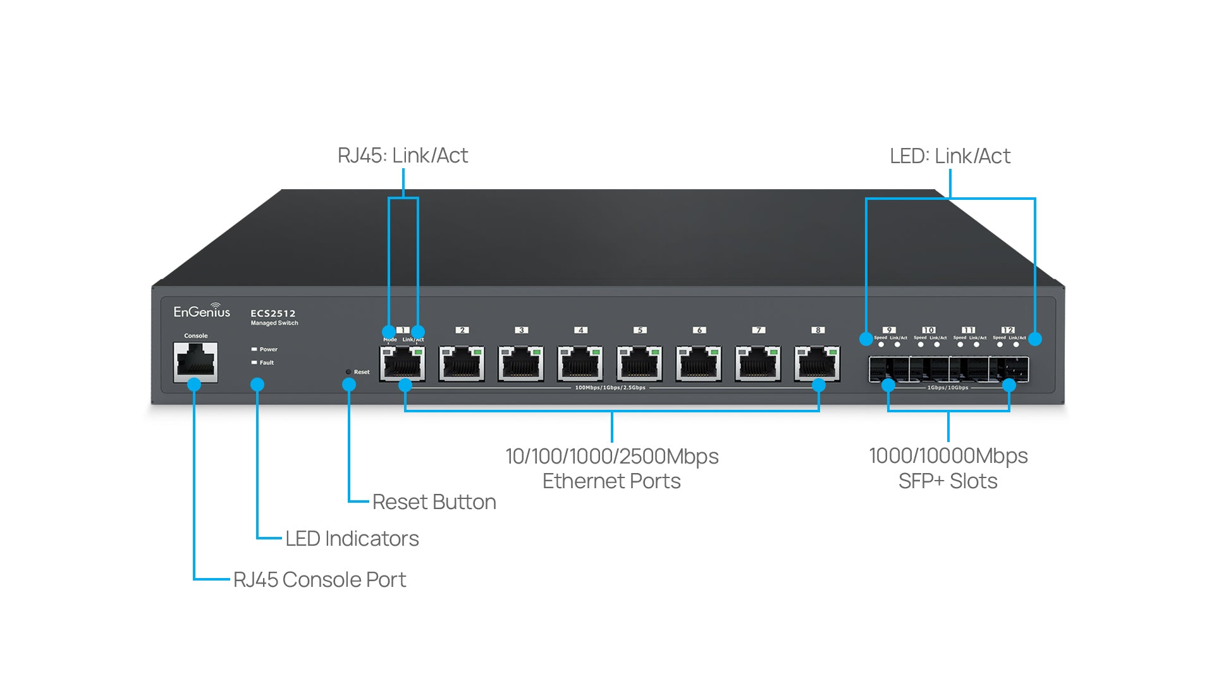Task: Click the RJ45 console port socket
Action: click(x=195, y=362)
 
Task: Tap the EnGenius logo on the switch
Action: click(x=202, y=311)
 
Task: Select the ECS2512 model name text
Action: click(x=273, y=313)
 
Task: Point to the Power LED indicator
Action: click(x=254, y=349)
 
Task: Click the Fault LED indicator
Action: click(x=254, y=362)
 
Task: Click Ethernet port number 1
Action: click(x=402, y=364)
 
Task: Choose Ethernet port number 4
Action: click(x=580, y=364)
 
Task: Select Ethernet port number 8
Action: click(x=817, y=364)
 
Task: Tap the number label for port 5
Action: click(x=640, y=330)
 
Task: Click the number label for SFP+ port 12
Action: click(x=1008, y=330)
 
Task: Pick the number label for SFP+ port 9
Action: click(x=889, y=330)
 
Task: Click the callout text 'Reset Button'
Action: click(x=434, y=502)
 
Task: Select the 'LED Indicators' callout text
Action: click(x=352, y=539)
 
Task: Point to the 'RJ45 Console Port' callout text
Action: click(x=319, y=580)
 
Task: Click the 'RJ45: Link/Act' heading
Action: click(x=403, y=156)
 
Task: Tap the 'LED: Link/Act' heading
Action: click(x=950, y=156)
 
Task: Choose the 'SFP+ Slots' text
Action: click(x=948, y=481)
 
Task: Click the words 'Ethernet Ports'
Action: click(x=611, y=481)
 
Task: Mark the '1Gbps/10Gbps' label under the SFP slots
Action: click(x=947, y=388)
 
